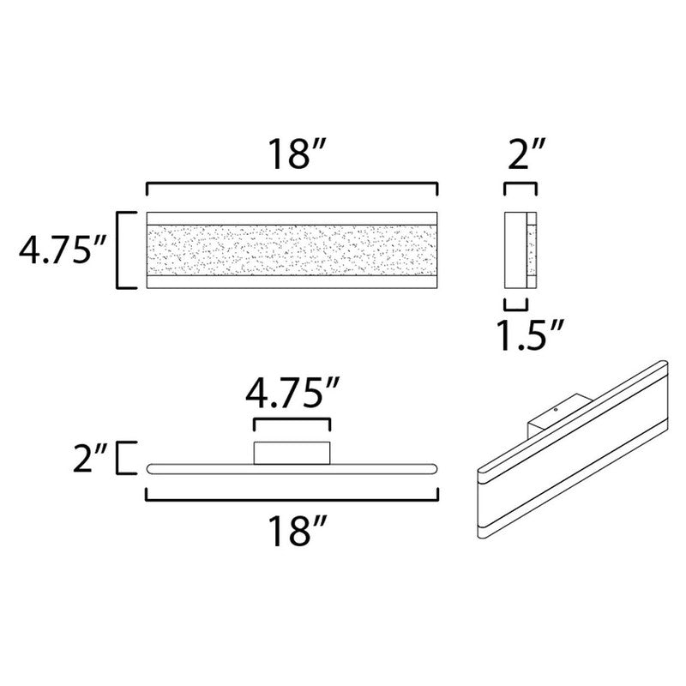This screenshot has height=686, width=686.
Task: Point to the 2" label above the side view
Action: point(521,156)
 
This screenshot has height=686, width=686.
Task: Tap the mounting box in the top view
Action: point(292,452)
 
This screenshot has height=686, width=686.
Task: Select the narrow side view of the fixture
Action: point(521,250)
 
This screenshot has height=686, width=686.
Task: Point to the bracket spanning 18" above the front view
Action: point(292,186)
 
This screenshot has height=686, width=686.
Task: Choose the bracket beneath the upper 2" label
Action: point(521,187)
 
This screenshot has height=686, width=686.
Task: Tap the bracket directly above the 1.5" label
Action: point(515,304)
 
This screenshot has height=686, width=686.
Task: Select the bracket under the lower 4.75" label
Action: point(292,422)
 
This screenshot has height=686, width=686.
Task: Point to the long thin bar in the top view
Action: point(292,469)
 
